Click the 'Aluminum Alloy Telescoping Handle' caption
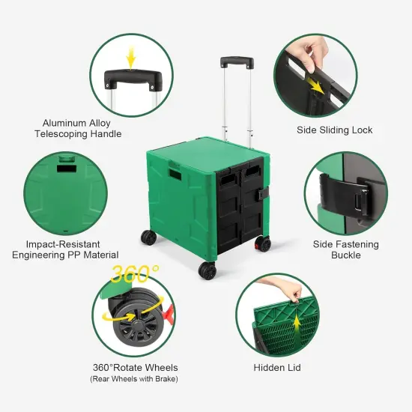click(x=82, y=128)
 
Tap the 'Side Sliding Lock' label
click(x=334, y=130)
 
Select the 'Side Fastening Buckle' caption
click(x=345, y=249)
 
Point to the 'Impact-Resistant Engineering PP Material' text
click(x=65, y=249)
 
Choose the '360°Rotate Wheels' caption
click(x=135, y=369)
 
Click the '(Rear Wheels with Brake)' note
click(x=135, y=380)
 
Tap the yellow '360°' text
click(x=135, y=275)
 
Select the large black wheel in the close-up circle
click(x=135, y=323)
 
